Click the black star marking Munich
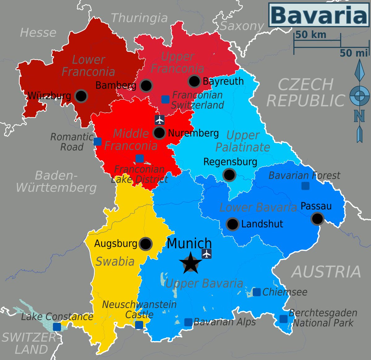[x=190, y=263]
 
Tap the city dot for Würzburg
[x=81, y=96]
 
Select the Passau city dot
[x=317, y=219]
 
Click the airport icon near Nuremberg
[x=160, y=119]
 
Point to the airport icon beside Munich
[x=207, y=254]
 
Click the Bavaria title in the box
[x=318, y=15]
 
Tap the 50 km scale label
[x=310, y=35]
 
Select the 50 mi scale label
[x=354, y=53]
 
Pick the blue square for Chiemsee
[x=257, y=292]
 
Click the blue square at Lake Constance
[x=57, y=327]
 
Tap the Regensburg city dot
[x=229, y=175]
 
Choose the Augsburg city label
[x=116, y=244]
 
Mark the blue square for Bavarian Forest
[x=305, y=186]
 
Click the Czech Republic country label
[x=306, y=93]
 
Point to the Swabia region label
[x=115, y=262]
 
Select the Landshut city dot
[x=232, y=224]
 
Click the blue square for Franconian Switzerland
[x=165, y=99]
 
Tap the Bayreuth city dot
[x=194, y=81]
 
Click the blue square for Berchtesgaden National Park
[x=283, y=319]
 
